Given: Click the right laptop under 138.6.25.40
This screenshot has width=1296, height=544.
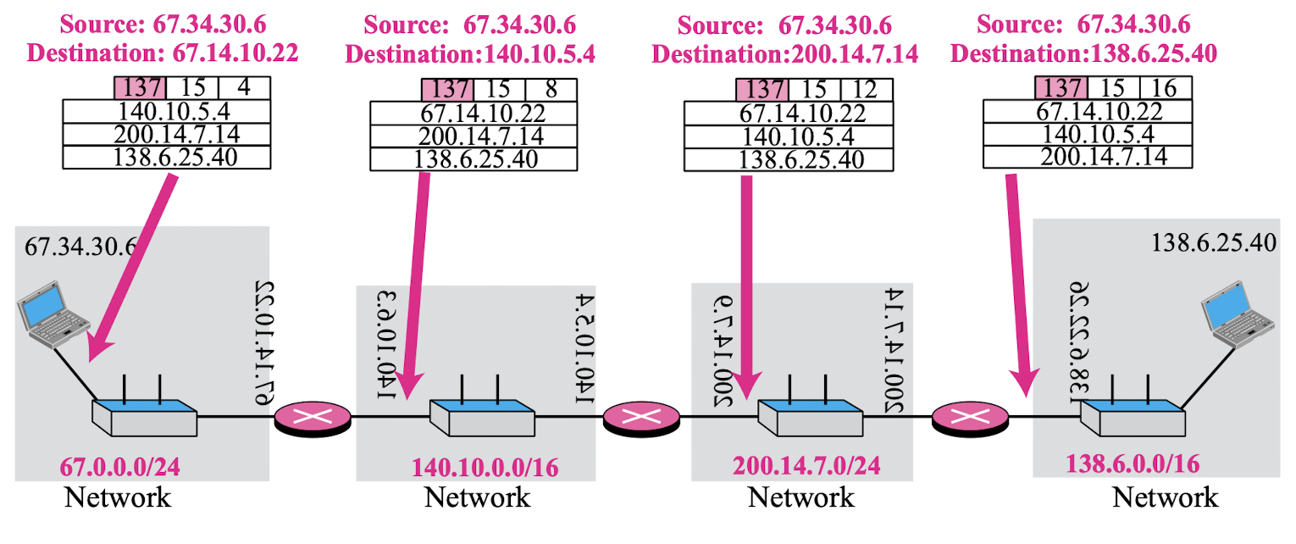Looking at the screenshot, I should click(x=1240, y=319).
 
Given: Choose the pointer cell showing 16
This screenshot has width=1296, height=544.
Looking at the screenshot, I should click(x=1166, y=88).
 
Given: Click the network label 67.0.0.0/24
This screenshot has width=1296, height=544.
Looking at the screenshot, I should click(x=120, y=466).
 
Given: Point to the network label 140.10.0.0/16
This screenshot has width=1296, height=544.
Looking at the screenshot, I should click(x=485, y=467).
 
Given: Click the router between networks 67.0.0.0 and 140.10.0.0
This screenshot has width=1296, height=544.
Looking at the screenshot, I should click(x=313, y=417).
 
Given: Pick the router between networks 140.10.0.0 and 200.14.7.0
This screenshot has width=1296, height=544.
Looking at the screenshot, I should click(x=641, y=417).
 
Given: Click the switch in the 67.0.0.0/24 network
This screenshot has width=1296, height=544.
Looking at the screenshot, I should click(x=144, y=416).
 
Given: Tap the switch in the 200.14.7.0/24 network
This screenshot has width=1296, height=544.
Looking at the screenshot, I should click(x=809, y=416).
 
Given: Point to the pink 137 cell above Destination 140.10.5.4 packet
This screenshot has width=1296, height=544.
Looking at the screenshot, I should click(x=447, y=90).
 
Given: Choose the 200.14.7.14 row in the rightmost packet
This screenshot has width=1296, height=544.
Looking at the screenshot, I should click(x=1088, y=156).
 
